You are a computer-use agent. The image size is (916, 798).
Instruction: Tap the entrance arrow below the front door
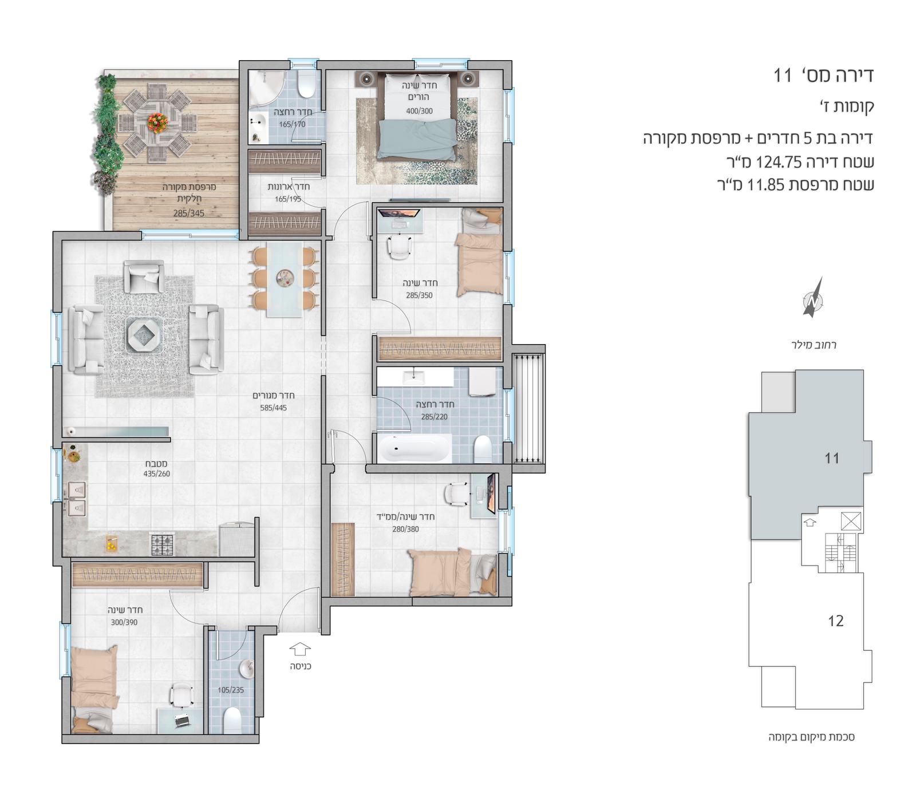click(300, 649)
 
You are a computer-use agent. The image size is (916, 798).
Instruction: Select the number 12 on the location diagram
click(835, 621)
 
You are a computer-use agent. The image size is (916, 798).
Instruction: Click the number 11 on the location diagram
click(831, 458)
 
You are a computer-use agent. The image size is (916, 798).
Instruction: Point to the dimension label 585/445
click(274, 408)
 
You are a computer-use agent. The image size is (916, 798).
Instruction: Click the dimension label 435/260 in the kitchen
click(157, 474)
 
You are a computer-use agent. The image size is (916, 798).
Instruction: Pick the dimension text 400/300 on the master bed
click(419, 111)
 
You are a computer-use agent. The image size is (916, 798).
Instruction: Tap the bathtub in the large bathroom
click(413, 448)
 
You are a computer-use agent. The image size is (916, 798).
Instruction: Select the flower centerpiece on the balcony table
click(156, 122)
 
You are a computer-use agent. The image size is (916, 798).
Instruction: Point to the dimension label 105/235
click(231, 690)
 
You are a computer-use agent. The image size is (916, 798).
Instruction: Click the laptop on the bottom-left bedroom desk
click(181, 721)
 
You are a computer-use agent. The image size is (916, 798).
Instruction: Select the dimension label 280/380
click(405, 529)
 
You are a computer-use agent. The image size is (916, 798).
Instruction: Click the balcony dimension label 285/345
click(189, 213)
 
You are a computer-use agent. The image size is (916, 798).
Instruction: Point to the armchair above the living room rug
click(144, 276)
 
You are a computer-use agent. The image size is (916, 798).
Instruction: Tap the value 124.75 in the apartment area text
click(779, 163)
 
